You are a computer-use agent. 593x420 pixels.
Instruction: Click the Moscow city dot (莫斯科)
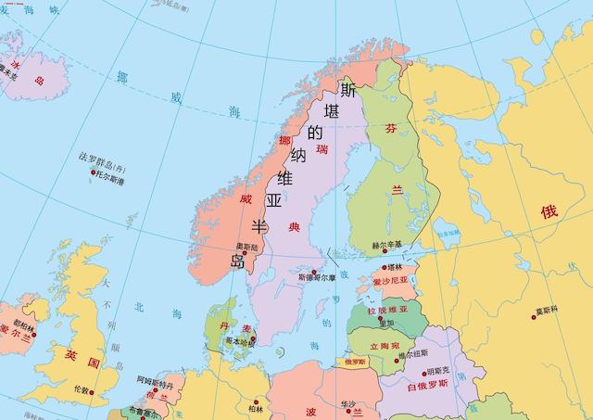(534, 317)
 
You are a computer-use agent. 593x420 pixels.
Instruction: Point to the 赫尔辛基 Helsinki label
(387, 245)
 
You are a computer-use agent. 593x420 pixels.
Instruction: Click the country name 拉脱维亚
(387, 310)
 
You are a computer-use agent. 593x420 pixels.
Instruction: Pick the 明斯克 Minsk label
(438, 371)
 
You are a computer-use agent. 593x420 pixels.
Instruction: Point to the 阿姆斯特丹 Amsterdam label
(155, 381)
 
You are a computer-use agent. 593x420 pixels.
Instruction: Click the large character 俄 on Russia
(549, 211)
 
